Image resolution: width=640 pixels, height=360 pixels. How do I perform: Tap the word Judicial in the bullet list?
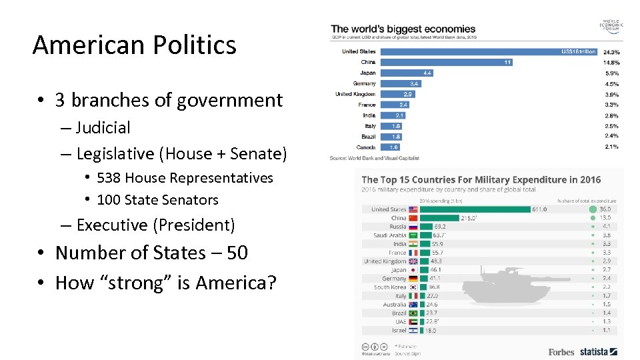pos(103,127)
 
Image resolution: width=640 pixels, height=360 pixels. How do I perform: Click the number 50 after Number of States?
pos(237,253)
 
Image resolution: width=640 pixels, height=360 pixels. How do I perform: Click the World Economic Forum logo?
pos(610,26)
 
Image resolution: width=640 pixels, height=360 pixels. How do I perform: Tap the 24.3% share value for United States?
pos(611,51)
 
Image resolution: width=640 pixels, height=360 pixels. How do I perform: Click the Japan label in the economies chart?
pos(367,73)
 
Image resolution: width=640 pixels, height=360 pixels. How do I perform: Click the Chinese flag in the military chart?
pos(413,218)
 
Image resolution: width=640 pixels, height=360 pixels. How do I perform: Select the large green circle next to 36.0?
pos(593,209)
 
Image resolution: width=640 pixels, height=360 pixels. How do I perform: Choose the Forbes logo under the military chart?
pos(561,351)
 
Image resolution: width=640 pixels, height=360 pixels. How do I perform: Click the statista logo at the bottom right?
pos(597,351)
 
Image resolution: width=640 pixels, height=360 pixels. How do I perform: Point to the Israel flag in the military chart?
pos(413,330)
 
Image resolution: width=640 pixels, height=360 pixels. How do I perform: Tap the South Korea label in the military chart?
pos(389,287)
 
